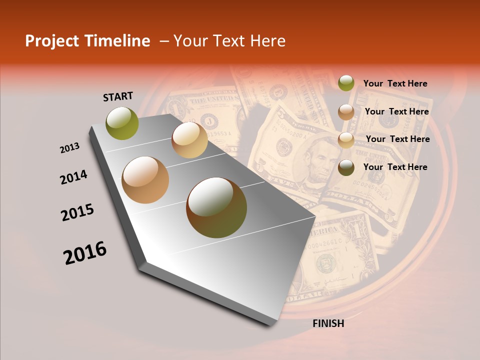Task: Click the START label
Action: [x=118, y=96]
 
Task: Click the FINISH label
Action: [x=328, y=323]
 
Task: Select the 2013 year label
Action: [x=70, y=148]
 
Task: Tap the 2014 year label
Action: [x=74, y=177]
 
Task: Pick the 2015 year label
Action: [x=77, y=212]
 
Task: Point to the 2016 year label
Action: [x=85, y=253]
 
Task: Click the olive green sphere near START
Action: [x=122, y=123]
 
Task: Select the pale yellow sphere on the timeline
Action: [x=189, y=140]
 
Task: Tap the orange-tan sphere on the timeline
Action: [x=145, y=180]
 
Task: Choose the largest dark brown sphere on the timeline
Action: [x=216, y=207]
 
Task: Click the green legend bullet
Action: [x=346, y=83]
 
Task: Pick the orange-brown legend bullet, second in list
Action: [x=346, y=111]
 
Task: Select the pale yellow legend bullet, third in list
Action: [x=346, y=139]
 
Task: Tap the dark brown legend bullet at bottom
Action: [x=346, y=167]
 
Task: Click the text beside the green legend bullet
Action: [x=395, y=83]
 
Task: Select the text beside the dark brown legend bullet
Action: [x=395, y=167]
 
